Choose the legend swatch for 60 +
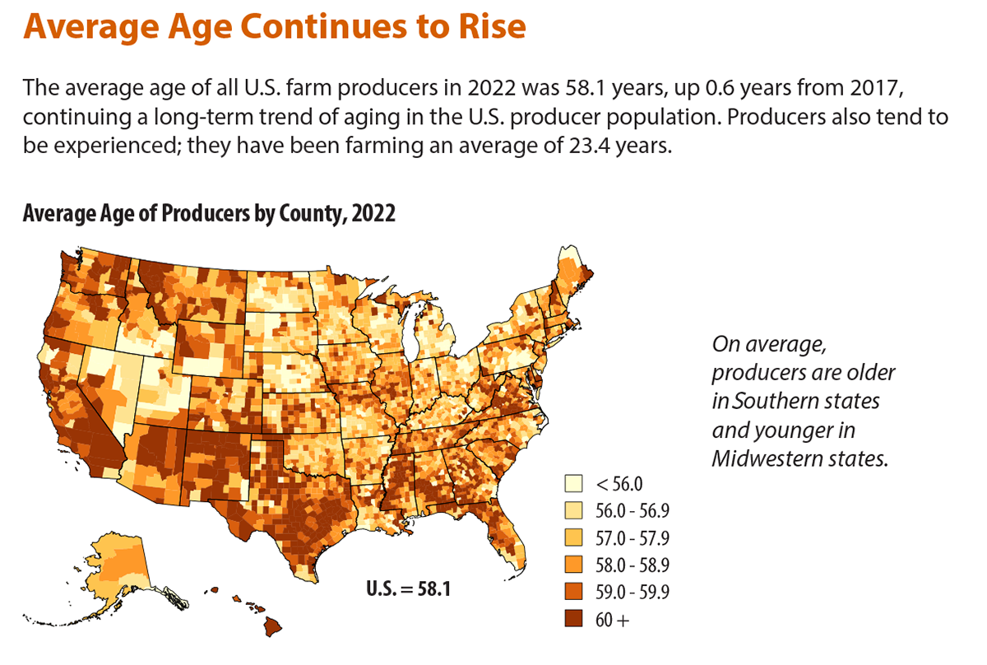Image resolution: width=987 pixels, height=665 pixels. tap(573, 619)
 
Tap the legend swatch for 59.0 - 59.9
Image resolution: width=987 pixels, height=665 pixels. tap(573, 592)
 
